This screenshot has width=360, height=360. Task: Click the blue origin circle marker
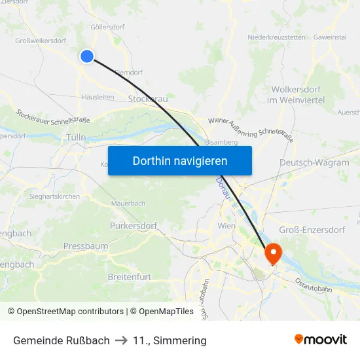coord(87,56)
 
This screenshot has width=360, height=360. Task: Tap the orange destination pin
coord(272,253)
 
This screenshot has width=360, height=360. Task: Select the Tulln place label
coord(76,137)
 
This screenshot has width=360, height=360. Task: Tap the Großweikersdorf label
coord(41,41)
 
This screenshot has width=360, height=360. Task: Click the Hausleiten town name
coord(98,97)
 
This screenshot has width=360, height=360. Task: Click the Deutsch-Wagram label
coord(314,162)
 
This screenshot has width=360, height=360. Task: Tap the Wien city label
coord(226,226)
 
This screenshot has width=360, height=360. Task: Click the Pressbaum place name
coord(86,246)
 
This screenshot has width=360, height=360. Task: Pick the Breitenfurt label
coord(129,277)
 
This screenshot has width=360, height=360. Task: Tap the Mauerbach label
coord(128,204)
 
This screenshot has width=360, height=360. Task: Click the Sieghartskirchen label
coord(55,196)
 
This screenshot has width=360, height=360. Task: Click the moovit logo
coord(321,340)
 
